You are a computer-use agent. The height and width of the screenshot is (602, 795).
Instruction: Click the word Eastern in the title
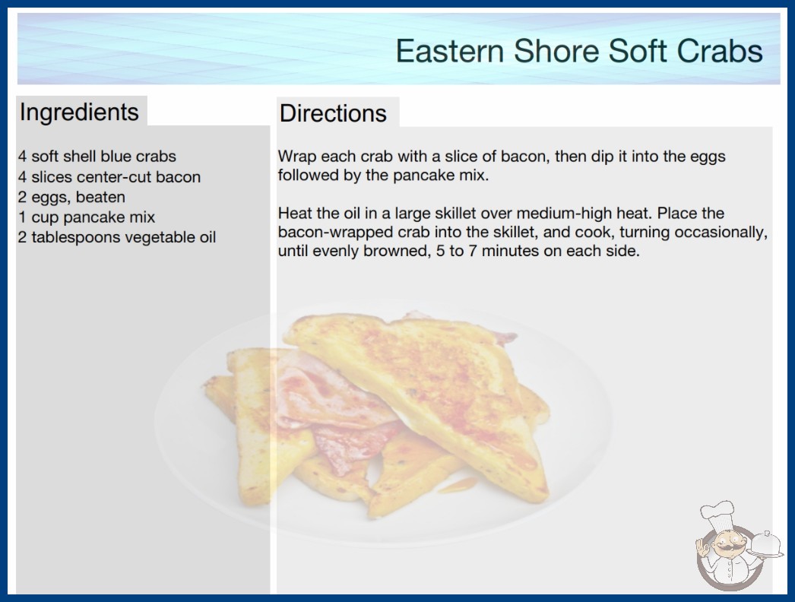pos(449,51)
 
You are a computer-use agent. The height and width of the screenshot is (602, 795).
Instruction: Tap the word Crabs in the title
pos(720,51)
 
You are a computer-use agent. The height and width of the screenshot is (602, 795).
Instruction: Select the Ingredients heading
pos(79,112)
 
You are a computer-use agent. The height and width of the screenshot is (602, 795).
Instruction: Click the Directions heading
pos(333,113)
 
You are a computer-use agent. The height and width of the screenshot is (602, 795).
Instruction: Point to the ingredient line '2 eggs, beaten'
pos(71,198)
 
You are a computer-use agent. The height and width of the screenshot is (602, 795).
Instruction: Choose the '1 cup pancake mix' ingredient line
pos(87,217)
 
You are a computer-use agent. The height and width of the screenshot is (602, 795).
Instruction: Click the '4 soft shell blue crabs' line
pos(97,157)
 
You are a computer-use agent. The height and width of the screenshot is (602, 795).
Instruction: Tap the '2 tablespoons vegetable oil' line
pos(117,237)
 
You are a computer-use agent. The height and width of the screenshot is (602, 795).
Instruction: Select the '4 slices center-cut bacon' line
pos(109,177)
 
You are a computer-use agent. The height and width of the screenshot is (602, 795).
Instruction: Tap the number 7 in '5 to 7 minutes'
pos(473,251)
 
